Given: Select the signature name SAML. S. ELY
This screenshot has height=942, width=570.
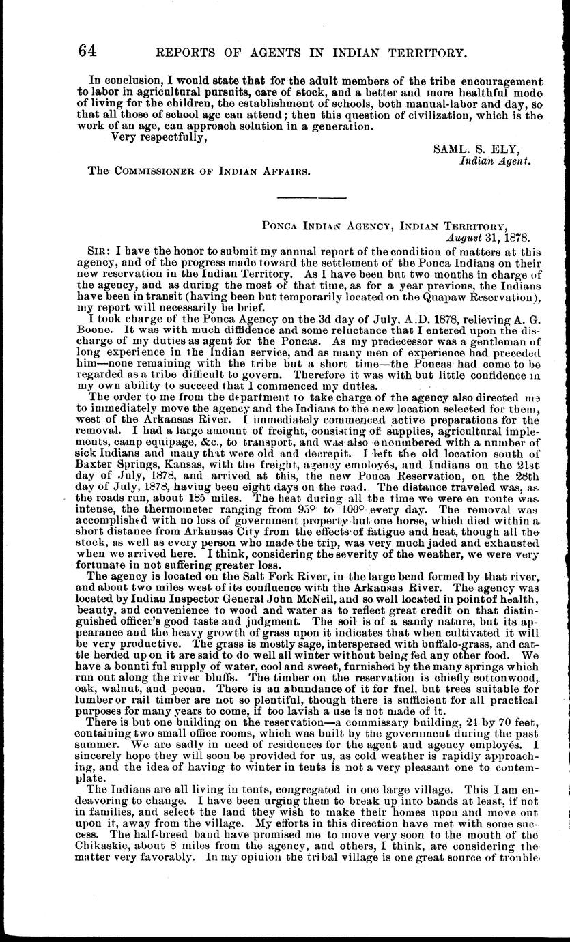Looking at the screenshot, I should pyautogui.click(x=483, y=149).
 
